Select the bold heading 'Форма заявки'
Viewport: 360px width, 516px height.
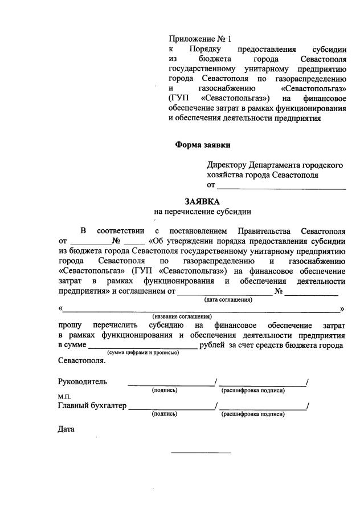(x=203, y=144)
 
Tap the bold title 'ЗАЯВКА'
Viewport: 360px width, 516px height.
(x=202, y=201)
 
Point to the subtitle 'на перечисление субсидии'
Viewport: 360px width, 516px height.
(x=202, y=212)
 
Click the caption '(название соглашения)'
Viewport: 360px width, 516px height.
(x=182, y=316)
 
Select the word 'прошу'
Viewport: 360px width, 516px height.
(x=70, y=325)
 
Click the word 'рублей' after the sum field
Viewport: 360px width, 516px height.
(x=213, y=346)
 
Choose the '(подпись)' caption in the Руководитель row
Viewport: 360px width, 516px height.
(x=165, y=390)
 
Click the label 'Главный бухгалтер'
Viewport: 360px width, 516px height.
(x=92, y=406)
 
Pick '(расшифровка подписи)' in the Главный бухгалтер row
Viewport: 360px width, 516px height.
(x=253, y=415)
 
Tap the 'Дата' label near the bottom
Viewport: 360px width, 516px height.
(x=67, y=429)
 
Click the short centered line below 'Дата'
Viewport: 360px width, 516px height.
(x=202, y=453)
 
